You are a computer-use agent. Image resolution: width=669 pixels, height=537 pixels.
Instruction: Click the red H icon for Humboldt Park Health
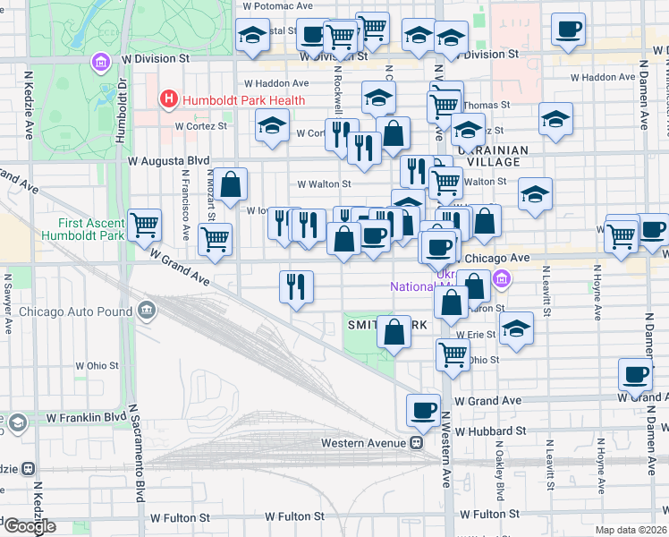pyautogui.click(x=167, y=100)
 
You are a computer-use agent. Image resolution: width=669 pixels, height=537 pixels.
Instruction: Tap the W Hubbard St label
pyautogui.click(x=487, y=430)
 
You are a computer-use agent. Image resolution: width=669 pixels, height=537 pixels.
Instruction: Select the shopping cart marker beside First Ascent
pyautogui.click(x=144, y=226)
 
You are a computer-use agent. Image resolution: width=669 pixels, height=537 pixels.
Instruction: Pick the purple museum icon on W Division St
pyautogui.click(x=99, y=63)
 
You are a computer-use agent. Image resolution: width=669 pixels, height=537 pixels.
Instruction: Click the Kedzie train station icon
pyautogui.click(x=29, y=468)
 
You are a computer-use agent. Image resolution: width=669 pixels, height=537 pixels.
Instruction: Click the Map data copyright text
pyautogui.click(x=631, y=530)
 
